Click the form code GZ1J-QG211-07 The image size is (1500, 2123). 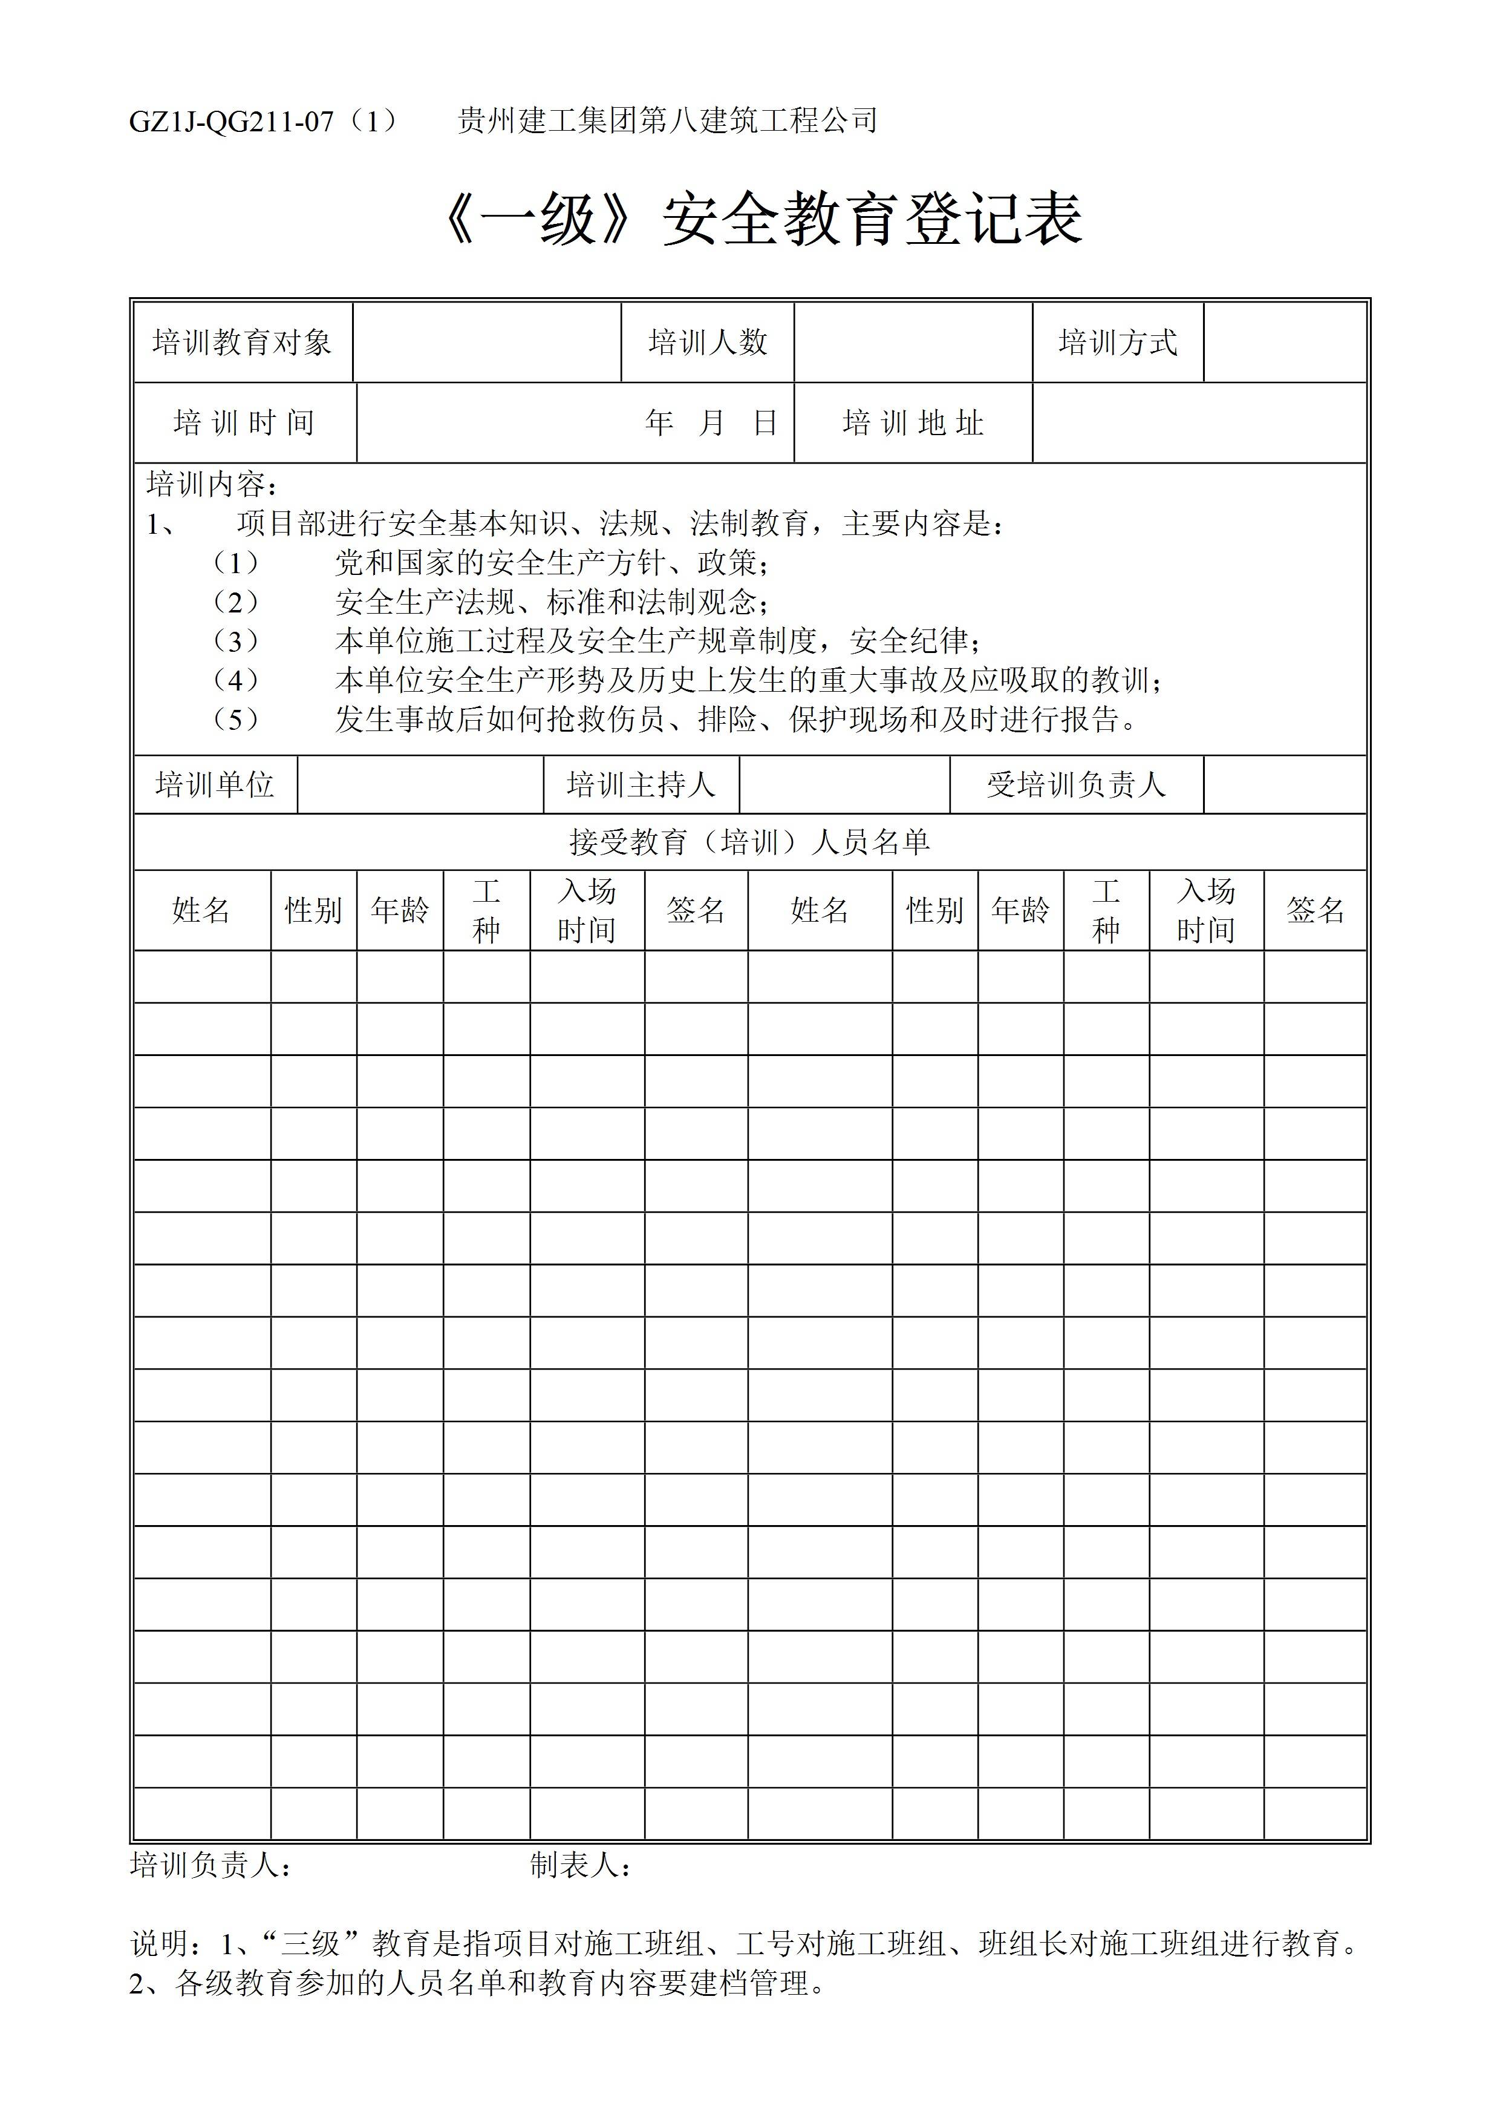pos(231,121)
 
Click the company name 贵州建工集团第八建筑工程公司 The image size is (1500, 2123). pos(667,121)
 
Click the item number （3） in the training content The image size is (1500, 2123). pos(236,641)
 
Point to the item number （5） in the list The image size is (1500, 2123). pos(236,720)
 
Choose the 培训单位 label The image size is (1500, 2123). pos(215,785)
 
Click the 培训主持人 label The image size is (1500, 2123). pos(641,785)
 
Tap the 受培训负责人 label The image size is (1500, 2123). pos(1077,785)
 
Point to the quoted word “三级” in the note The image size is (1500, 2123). pos(311,1944)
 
